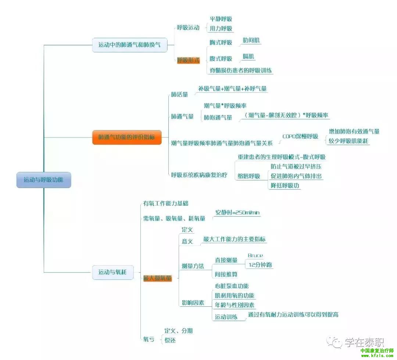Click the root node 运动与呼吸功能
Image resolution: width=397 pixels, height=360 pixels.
(x=43, y=180)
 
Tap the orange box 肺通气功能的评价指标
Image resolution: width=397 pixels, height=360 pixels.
(x=126, y=137)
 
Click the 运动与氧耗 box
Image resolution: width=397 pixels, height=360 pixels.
(x=112, y=272)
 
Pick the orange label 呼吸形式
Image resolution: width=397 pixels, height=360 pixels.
(x=188, y=60)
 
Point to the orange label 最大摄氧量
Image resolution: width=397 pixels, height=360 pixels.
(x=157, y=278)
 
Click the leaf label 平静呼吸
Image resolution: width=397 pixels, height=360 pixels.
(x=221, y=19)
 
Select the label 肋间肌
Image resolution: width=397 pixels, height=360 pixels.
(x=252, y=40)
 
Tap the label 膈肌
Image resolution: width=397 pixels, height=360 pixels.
(x=248, y=57)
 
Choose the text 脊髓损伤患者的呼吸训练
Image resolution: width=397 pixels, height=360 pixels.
(x=241, y=70)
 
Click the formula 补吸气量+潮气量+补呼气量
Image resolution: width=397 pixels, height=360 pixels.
(x=232, y=89)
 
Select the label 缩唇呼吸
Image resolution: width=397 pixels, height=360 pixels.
(x=249, y=176)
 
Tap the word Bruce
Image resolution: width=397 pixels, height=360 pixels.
(x=255, y=256)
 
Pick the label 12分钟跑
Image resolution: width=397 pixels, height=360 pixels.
(x=260, y=264)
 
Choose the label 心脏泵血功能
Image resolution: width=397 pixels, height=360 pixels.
(x=232, y=286)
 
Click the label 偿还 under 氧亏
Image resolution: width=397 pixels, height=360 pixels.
(x=170, y=340)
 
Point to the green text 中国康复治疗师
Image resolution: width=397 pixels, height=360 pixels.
(x=376, y=350)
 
